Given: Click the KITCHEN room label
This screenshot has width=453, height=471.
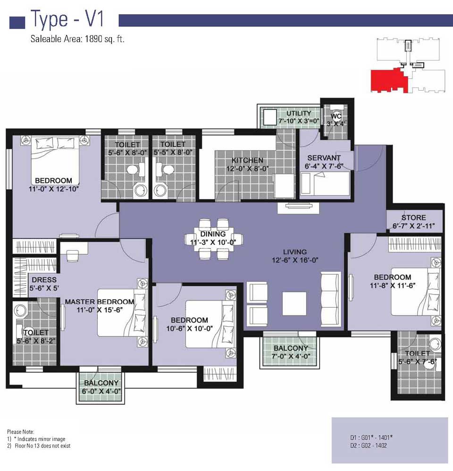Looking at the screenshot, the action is pos(247,160).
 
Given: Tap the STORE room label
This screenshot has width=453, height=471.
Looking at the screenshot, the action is pos(414,218).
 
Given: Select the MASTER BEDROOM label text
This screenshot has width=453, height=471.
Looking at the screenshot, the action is pos(100,302).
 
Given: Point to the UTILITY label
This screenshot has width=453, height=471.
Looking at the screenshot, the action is pos(298,113).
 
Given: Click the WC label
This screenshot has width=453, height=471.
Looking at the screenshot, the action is pos(336,116).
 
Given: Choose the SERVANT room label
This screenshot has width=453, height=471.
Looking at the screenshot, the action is pos(324,158).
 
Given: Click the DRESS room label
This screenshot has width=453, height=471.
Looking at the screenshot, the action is pos(44,280).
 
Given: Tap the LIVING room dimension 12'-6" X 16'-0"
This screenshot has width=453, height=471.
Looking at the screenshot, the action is pos(295,260).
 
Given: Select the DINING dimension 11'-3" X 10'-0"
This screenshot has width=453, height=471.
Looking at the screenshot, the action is pos(213,243).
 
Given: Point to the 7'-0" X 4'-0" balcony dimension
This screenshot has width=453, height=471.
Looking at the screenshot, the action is pos(291,357).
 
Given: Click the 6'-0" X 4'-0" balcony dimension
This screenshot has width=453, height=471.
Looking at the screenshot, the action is pos(101,391).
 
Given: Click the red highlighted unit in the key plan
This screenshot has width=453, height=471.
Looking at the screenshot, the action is pos(389,80).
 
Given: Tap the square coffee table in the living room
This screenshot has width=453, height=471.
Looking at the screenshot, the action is pos(294,303).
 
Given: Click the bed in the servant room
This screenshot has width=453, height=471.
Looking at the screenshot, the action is pos(325,183).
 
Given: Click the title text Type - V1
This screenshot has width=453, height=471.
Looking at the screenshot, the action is pos(67,18).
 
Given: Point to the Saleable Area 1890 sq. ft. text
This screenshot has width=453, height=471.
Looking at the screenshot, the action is pos(77,39).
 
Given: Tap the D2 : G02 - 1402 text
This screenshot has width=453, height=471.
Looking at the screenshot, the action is pos(368,446).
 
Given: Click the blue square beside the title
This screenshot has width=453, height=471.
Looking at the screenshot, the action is pos(17,23).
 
